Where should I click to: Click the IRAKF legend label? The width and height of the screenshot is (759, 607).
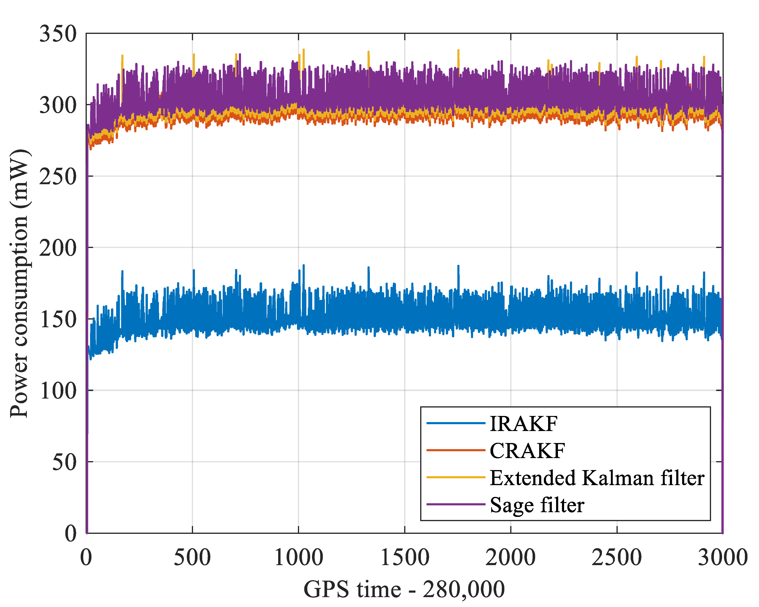[x=523, y=423]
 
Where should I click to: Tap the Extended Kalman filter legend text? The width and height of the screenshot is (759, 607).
[x=597, y=478]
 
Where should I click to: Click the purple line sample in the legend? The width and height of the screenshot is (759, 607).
[x=456, y=504]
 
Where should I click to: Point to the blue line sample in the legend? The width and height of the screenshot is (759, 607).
[x=456, y=423]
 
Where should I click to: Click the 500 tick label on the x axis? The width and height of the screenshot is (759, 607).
[x=192, y=558]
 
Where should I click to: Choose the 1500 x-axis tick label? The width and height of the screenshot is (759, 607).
[x=405, y=558]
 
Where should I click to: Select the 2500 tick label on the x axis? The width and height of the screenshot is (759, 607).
[x=617, y=558]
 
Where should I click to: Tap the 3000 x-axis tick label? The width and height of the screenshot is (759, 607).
[x=722, y=558]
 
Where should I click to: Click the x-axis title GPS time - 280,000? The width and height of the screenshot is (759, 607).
[x=404, y=589]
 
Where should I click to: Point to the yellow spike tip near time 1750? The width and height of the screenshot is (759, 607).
[x=458, y=50]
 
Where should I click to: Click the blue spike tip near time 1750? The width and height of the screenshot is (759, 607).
[x=458, y=266]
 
